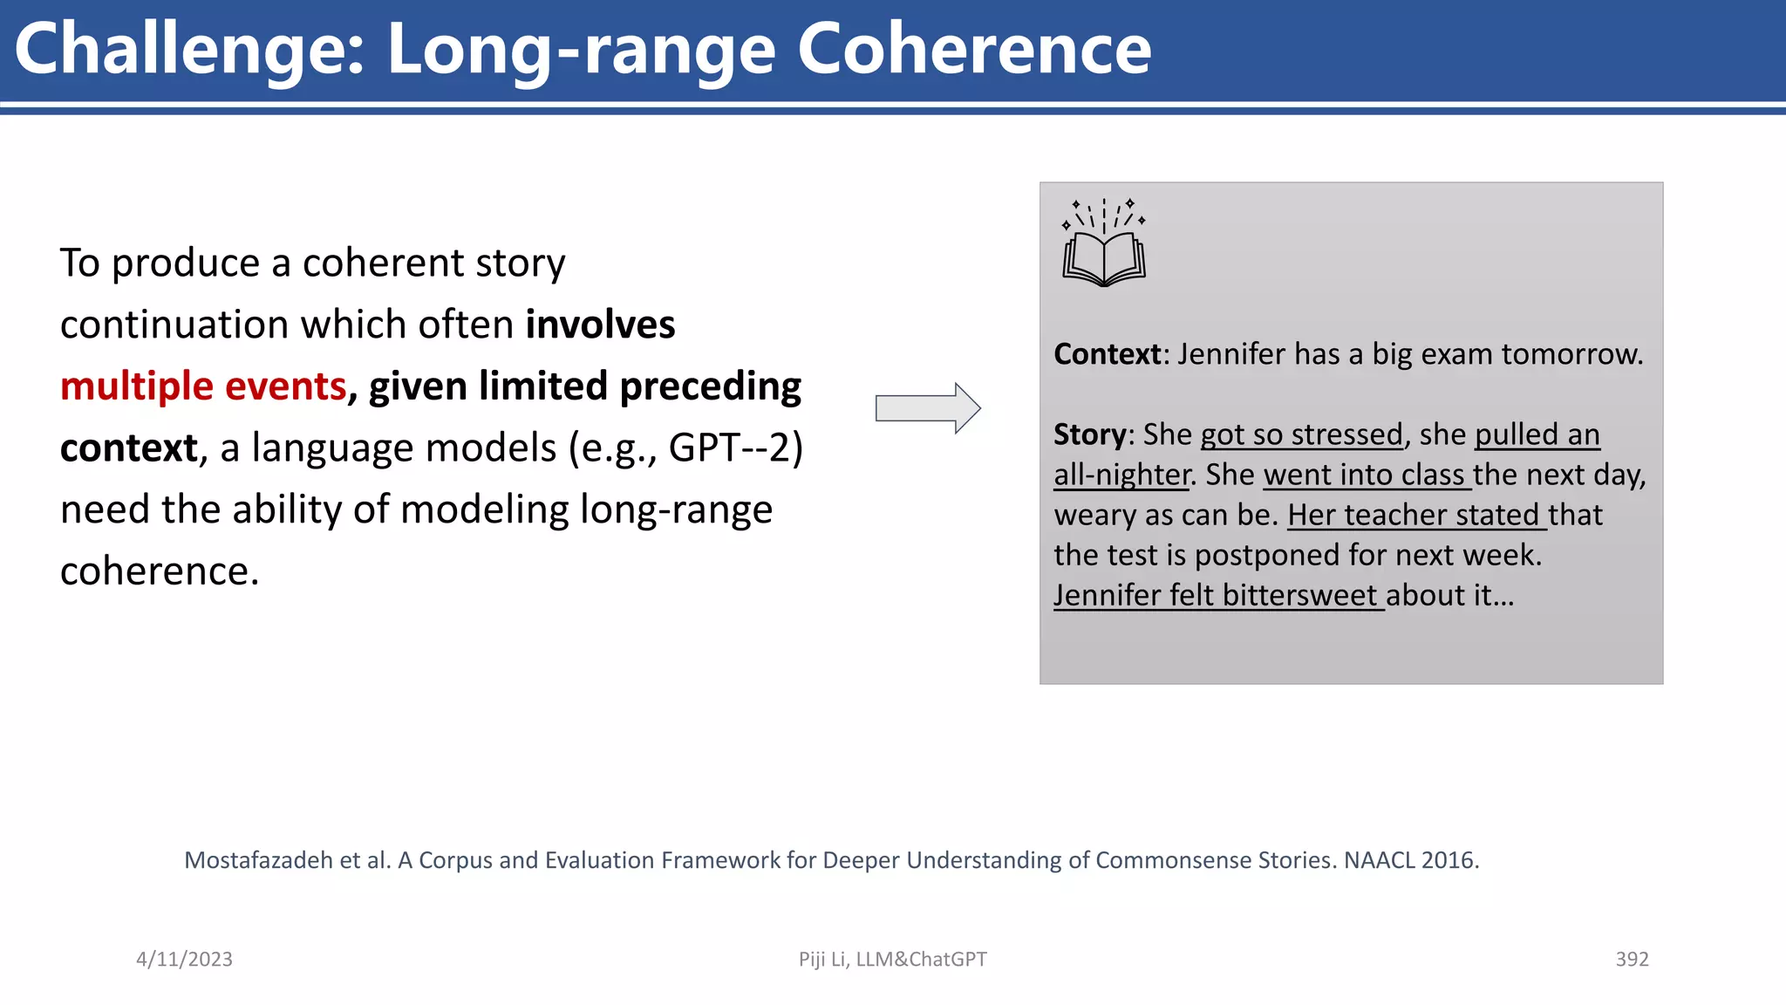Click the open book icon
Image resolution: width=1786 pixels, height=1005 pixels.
pos(1104,244)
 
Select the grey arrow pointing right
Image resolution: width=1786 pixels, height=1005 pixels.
pos(928,407)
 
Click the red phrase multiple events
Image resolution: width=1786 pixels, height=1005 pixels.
pos(203,386)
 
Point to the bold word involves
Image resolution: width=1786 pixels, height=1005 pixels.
pos(600,325)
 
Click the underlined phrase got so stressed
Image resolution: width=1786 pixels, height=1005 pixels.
pos(1301,434)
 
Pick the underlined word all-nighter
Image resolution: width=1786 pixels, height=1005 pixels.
pos(1121,475)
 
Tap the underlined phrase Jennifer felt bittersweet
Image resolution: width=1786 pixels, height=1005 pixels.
pos(1217,595)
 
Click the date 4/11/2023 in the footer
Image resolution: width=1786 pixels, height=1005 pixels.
pos(184,959)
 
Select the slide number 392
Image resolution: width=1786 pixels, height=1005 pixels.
pos(1632,959)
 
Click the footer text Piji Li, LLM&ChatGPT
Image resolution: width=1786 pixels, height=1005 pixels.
pos(892,959)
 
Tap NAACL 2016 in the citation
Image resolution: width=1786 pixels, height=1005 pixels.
pos(1409,860)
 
